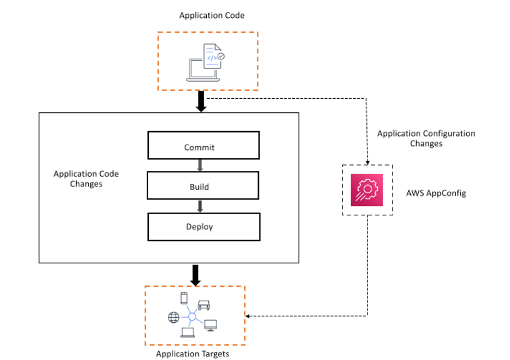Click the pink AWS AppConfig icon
(367, 190)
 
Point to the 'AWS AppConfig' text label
(436, 193)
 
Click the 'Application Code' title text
(212, 16)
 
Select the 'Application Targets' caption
(193, 354)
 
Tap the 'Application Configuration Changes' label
(426, 138)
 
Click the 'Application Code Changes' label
(86, 179)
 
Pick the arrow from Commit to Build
(200, 166)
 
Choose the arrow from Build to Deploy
(200, 206)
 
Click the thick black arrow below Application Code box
(200, 101)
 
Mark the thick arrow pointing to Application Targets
(195, 275)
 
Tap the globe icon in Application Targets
(173, 317)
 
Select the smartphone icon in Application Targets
(184, 298)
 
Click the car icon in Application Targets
(204, 305)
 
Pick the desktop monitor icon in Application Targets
(210, 324)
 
